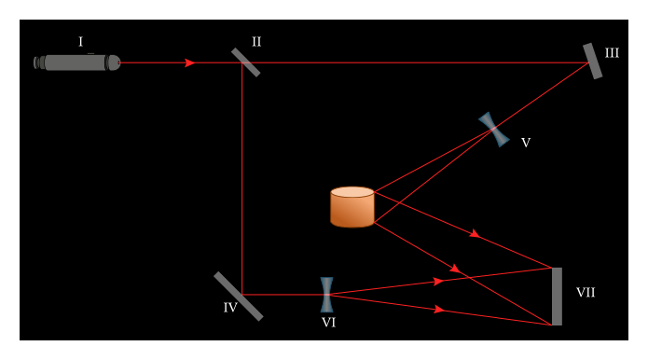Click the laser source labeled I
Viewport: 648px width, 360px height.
[x=76, y=62]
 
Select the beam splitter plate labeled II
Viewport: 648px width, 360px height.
[x=245, y=62]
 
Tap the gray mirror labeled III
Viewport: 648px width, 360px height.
[x=592, y=61]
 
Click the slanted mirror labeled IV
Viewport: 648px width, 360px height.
[x=238, y=296]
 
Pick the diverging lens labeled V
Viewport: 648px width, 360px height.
[x=494, y=130]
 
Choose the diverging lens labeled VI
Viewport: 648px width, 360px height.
[x=326, y=294]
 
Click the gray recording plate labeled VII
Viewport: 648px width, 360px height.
[x=557, y=297]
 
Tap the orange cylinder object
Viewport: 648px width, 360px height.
[x=352, y=209]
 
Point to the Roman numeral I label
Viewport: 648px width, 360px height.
[x=80, y=42]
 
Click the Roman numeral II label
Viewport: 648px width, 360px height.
[x=256, y=42]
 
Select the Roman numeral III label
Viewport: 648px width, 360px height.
[x=612, y=53]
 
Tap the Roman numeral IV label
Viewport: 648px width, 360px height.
[x=230, y=308]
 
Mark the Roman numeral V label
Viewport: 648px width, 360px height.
[x=526, y=143]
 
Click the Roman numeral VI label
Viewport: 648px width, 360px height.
[x=328, y=323]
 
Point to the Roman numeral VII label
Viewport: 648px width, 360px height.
[x=586, y=293]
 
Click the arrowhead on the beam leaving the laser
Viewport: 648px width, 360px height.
[x=190, y=62]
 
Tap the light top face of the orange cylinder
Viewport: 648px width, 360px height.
[x=352, y=192]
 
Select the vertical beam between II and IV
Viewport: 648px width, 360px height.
[x=241, y=177]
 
